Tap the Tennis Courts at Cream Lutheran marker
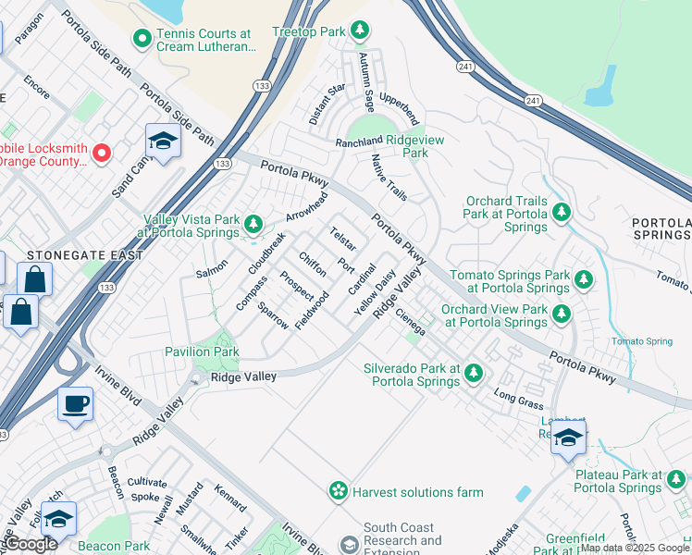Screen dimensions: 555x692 click(142, 39)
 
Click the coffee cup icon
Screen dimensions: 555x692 click(75, 403)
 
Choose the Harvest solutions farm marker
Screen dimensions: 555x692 click(339, 489)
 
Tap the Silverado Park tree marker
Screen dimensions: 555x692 click(474, 373)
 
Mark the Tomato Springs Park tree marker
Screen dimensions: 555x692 click(583, 278)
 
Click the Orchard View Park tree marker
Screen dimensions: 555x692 click(561, 314)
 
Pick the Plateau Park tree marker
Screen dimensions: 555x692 click(675, 479)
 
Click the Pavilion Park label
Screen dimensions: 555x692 click(202, 351)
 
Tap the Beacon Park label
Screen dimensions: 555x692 click(114, 547)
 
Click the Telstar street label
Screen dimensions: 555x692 click(342, 239)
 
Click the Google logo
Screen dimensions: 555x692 click(30, 544)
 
